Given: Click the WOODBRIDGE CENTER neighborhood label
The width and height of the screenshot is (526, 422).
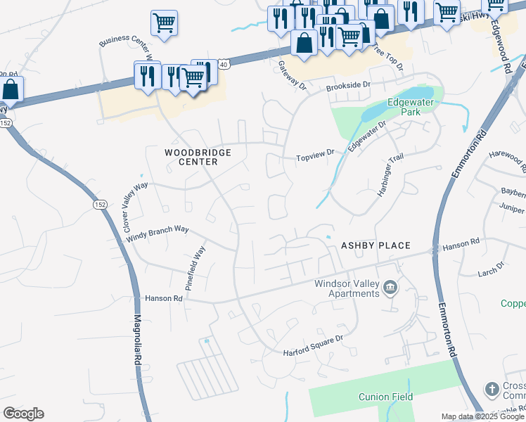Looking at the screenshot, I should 191,156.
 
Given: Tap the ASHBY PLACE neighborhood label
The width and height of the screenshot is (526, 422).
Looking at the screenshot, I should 375,245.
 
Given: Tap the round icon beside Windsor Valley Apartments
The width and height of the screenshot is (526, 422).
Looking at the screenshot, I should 390,288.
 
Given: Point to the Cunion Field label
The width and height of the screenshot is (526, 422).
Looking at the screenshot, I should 385,397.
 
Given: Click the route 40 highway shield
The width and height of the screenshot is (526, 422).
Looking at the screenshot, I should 223,64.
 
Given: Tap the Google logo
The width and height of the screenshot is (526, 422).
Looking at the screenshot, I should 23,414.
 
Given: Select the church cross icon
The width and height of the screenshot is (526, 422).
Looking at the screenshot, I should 492,389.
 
